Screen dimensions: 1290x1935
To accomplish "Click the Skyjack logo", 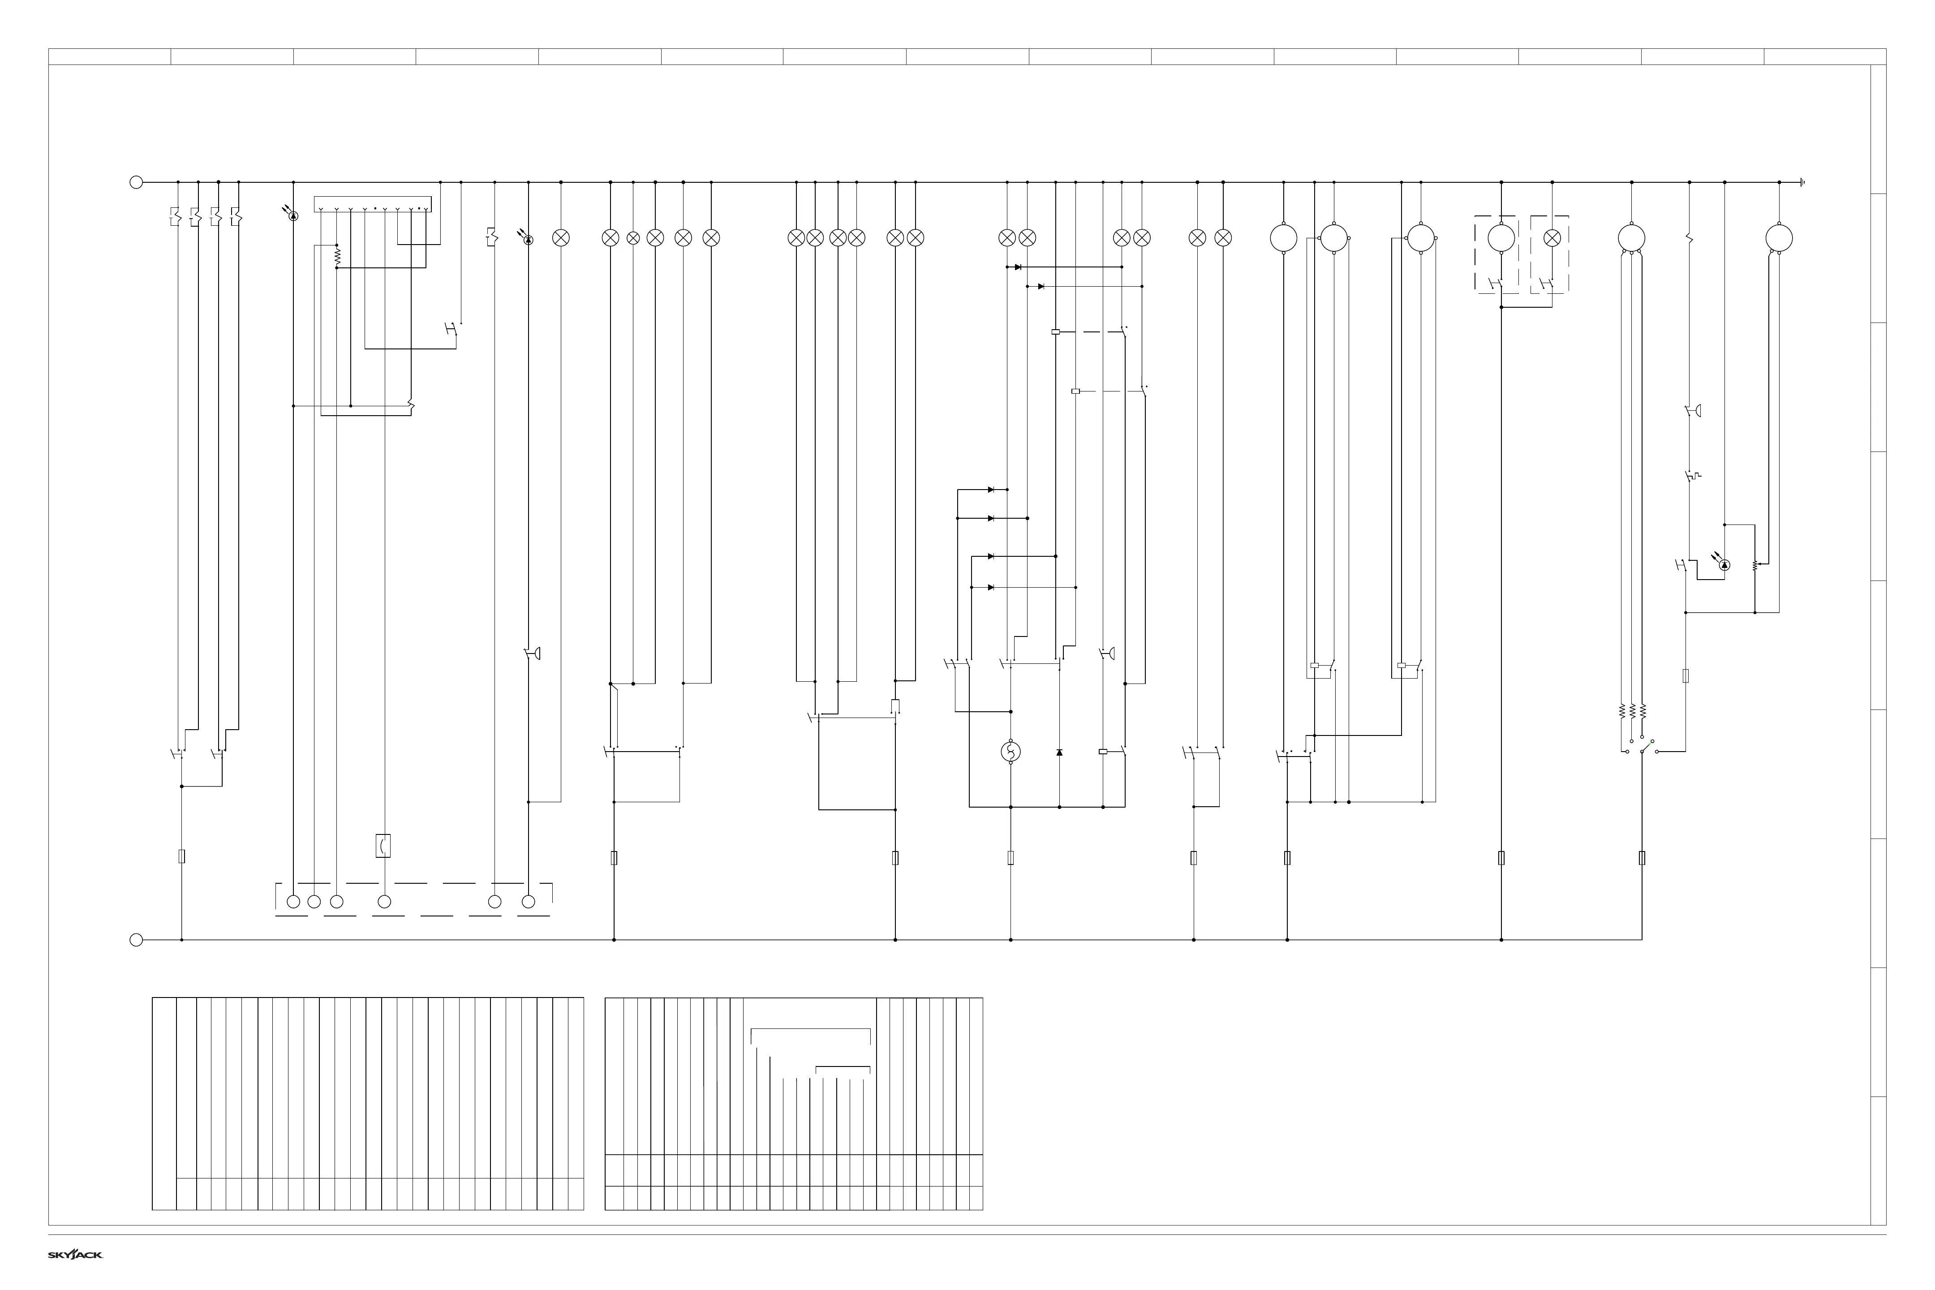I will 75,1255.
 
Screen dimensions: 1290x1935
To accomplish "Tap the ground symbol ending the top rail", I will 1802,183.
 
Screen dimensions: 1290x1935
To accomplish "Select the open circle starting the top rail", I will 137,183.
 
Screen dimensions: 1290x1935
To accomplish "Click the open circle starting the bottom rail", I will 137,940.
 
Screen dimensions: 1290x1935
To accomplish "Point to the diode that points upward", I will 1059,752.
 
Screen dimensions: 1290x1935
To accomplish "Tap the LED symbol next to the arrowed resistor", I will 1724,565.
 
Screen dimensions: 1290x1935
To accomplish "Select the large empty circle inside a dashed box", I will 1501,239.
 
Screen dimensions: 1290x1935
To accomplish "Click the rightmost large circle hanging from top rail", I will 1779,239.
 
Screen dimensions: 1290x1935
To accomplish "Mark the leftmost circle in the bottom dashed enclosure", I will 293,902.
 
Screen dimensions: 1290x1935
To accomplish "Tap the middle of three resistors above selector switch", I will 1631,711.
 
